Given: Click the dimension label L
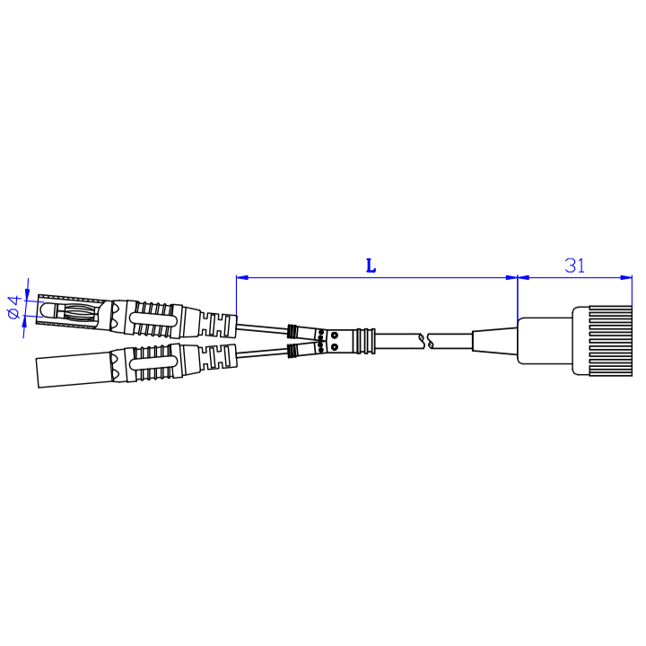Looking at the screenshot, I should tap(371, 266).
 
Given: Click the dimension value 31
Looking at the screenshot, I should tap(575, 266).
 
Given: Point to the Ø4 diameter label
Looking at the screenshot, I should tap(13, 307).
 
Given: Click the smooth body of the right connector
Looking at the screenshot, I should tap(546, 340).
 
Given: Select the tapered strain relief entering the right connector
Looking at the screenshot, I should tap(494, 341).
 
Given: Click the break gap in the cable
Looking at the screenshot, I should tap(424, 341).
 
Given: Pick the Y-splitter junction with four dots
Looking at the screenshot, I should tap(327, 340).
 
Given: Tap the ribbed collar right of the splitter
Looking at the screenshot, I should tap(362, 340).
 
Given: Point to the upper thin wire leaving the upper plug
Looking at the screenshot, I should tap(262, 326).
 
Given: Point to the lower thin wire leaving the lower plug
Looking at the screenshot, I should tap(262, 353).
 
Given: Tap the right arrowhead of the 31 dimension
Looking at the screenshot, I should tap(627, 278).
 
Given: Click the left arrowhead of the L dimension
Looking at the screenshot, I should tap(240, 278).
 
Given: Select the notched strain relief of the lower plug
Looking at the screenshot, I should tap(219, 354).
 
